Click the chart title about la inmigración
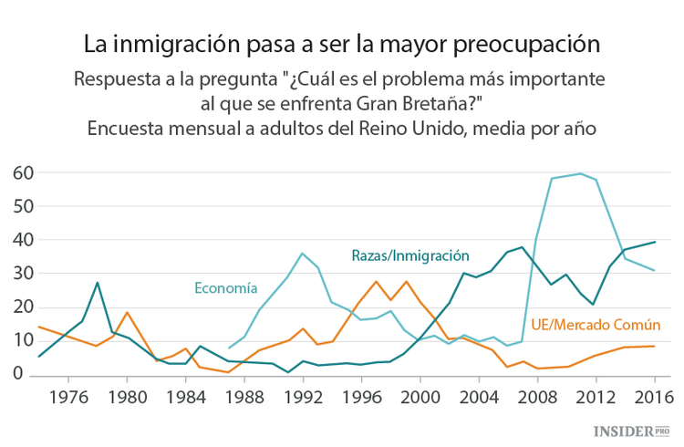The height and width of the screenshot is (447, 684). (x=342, y=43)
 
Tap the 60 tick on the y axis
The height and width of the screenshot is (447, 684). (x=24, y=172)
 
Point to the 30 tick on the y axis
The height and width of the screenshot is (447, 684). (x=24, y=274)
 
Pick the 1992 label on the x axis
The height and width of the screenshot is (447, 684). (x=303, y=398)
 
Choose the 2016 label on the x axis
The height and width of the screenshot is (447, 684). (x=653, y=398)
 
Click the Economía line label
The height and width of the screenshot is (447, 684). (x=225, y=287)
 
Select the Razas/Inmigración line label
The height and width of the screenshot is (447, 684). (x=410, y=255)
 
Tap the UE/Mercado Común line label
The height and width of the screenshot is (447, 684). (x=596, y=325)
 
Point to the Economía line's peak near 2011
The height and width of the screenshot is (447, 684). (x=580, y=173)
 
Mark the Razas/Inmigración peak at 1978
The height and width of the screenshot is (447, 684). (x=98, y=283)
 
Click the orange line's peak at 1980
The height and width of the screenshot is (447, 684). (x=127, y=313)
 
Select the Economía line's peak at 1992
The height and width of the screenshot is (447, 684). (x=303, y=253)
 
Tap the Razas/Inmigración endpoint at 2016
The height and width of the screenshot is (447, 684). (x=653, y=242)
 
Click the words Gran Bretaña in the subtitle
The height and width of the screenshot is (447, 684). (x=440, y=100)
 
